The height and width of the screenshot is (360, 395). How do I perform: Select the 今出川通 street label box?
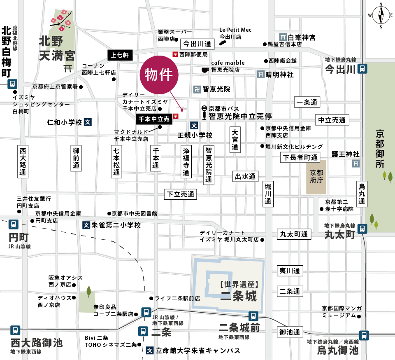[x=197, y=43]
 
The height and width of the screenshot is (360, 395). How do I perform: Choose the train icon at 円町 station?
[x=13, y=224]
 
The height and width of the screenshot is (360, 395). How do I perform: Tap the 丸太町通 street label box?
[x=294, y=234]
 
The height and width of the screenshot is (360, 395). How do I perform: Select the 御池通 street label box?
[x=290, y=332]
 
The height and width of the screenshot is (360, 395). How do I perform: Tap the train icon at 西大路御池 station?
[x=15, y=330]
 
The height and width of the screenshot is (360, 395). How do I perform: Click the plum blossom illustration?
[x=60, y=21]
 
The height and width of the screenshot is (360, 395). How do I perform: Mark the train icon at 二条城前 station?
[x=253, y=316]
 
